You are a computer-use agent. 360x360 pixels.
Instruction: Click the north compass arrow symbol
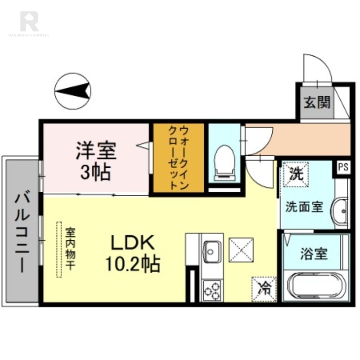point(72,91)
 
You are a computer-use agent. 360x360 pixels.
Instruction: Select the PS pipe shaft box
point(343,167)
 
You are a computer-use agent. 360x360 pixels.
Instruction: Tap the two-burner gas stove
point(211,289)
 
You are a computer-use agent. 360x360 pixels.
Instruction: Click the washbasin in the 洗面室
point(340,209)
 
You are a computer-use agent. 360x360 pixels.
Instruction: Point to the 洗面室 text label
point(305,207)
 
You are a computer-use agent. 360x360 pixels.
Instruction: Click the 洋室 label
point(96,151)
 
